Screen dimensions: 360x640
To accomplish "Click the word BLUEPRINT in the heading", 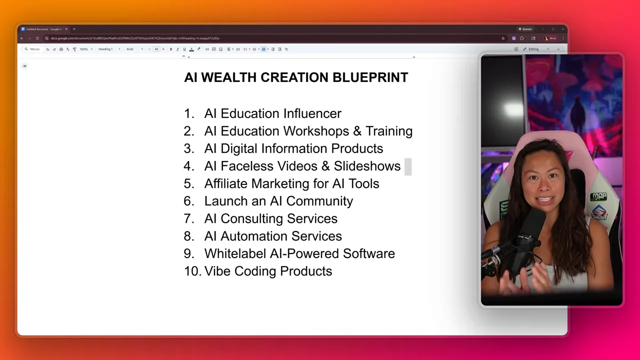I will coord(370,77).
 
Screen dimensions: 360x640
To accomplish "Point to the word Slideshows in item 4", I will coord(367,166).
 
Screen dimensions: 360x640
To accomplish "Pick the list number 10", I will coord(192,271).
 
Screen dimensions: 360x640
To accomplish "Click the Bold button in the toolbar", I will coord(171,49).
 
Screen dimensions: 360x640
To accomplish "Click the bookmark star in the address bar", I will coord(503,38).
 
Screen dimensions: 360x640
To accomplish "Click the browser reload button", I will coord(37,38).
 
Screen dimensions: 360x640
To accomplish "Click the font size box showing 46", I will coord(156,49).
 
